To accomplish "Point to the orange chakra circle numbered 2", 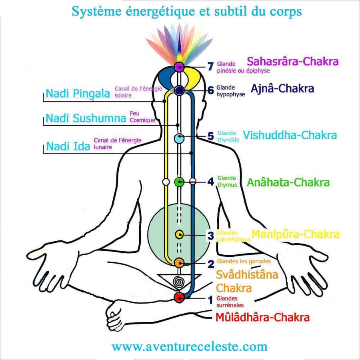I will pyautogui.click(x=179, y=262).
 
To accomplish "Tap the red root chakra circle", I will pyautogui.click(x=179, y=297).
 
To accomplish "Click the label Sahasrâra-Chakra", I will pyautogui.click(x=293, y=62).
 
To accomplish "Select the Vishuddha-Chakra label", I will pyautogui.click(x=290, y=135).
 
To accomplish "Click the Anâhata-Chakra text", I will pyautogui.click(x=288, y=183).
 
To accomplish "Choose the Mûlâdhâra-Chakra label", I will pyautogui.click(x=262, y=318).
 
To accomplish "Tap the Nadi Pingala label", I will pyautogui.click(x=78, y=94).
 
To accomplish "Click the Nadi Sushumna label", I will pyautogui.click(x=86, y=118).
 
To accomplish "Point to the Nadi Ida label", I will pyautogui.click(x=68, y=146).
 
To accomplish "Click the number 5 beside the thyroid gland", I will pyautogui.click(x=211, y=136).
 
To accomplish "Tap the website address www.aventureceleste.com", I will pyautogui.click(x=189, y=346).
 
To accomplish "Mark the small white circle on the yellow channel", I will pyautogui.click(x=165, y=182).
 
